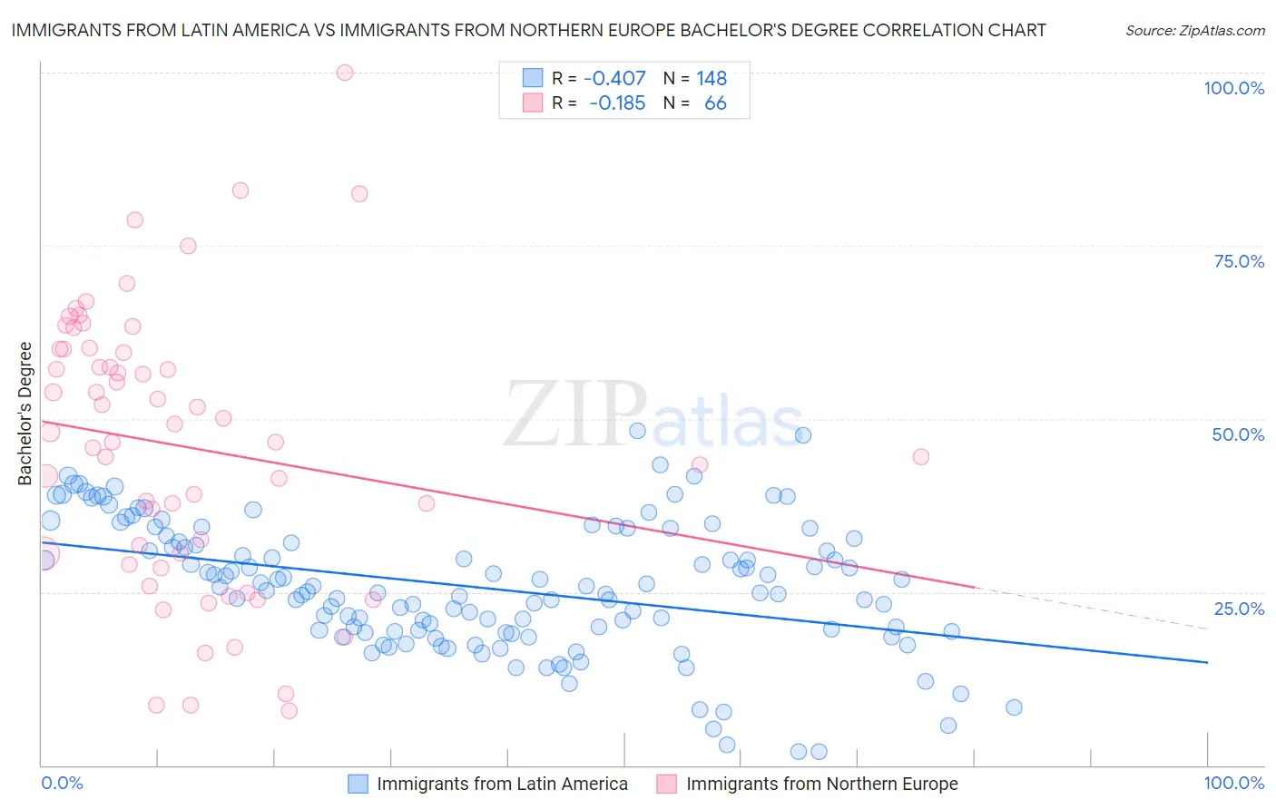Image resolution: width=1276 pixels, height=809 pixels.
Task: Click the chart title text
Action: pos(528,30)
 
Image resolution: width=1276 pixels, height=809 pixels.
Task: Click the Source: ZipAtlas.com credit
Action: pos(1194,30)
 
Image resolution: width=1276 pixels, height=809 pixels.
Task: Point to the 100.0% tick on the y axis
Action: pos(1233,88)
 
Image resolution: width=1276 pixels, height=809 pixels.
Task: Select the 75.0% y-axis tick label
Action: pos(1239,261)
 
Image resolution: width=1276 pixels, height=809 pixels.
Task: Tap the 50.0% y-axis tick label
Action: pos(1238,434)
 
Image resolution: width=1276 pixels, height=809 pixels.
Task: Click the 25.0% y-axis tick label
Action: pos(1239,609)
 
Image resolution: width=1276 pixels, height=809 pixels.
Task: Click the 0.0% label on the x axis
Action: pos(62,783)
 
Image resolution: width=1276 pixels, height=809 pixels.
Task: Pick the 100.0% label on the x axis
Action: pos(1233,783)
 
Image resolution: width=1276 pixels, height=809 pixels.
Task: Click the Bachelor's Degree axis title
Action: pos(25,414)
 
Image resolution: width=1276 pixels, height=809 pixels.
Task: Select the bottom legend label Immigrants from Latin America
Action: pos(502,784)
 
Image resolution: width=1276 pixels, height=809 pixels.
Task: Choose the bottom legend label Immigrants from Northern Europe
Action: pos(821,784)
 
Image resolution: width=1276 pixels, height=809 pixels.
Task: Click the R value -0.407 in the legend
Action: pos(614,79)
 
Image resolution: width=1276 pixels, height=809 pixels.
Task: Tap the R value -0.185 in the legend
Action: pos(617,103)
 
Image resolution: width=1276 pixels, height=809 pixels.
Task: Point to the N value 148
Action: pos(712,79)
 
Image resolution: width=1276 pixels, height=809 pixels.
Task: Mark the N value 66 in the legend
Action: pos(715,103)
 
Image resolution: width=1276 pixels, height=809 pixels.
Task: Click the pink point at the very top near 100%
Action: pos(344,73)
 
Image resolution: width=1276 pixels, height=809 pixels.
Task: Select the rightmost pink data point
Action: pos(920,457)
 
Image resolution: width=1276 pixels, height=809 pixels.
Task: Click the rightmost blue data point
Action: pos(1014,707)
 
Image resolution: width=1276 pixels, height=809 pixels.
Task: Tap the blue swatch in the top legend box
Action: pos(532,79)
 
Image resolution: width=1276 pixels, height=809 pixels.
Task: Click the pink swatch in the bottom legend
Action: pos(667,784)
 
